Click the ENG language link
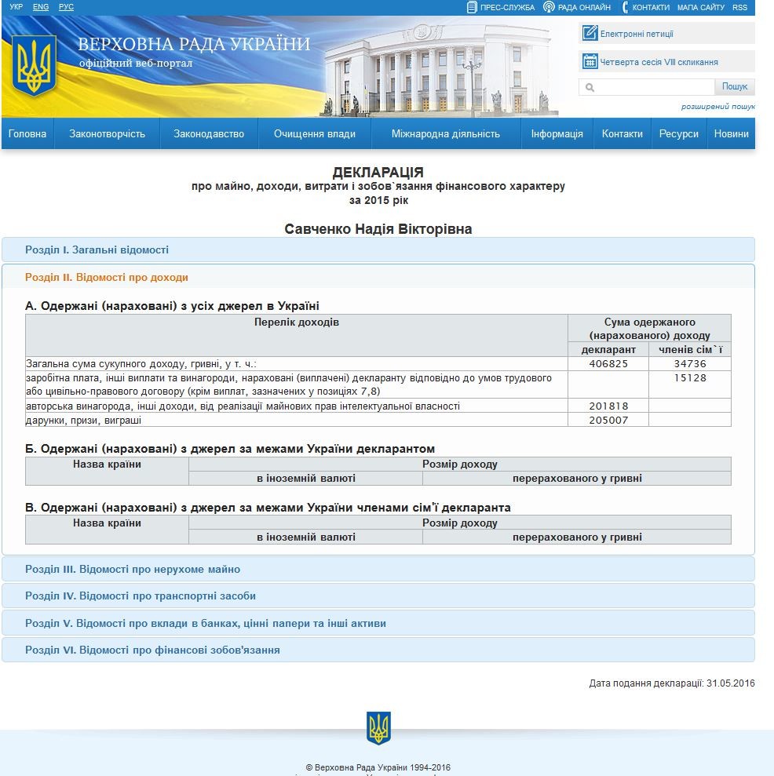[41, 7]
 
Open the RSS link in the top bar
[739, 7]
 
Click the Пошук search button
[735, 87]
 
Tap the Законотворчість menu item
[107, 134]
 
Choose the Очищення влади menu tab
[314, 134]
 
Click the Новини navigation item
[731, 134]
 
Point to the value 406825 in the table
[608, 364]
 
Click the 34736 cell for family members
[689, 364]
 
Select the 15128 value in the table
[689, 378]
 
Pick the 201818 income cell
[608, 406]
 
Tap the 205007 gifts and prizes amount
[608, 421]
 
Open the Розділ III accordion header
[133, 570]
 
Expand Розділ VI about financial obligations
[152, 650]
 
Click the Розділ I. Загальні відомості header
[97, 250]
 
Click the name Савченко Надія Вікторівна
[378, 229]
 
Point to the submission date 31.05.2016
[730, 683]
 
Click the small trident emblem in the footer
[378, 728]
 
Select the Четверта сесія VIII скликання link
[659, 62]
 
